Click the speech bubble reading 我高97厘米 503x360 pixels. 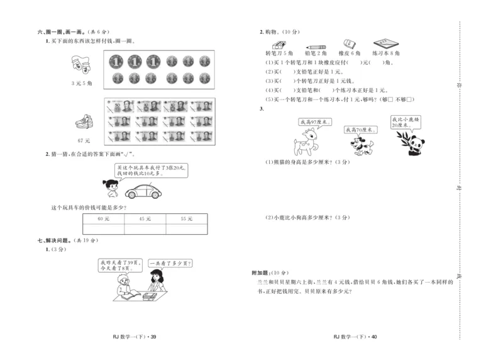[x=315, y=121]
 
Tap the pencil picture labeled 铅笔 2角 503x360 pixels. [x=316, y=45]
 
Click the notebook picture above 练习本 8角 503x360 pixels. [x=385, y=44]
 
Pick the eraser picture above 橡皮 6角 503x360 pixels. [x=350, y=45]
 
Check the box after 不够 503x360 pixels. [x=408, y=99]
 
